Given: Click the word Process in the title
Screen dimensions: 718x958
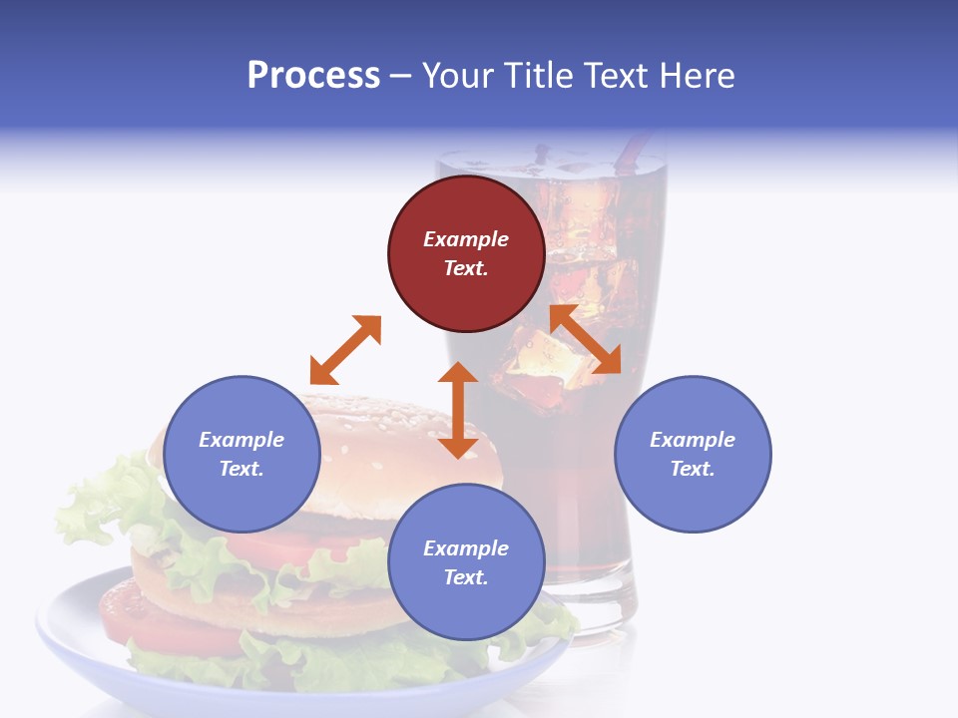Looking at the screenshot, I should point(313,76).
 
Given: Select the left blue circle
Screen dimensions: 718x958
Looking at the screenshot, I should point(241,454).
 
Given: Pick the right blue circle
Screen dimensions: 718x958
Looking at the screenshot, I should point(693,454).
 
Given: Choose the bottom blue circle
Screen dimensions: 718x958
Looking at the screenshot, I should point(466,561).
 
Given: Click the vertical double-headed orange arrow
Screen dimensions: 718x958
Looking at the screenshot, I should point(458,410).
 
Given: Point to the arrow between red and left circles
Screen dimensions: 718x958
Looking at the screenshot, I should point(345,350).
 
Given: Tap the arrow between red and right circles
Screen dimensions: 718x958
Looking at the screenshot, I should point(585,339).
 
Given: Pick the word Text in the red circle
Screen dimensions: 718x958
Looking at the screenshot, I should point(466,268).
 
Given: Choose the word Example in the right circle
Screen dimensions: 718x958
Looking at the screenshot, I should point(693,440).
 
